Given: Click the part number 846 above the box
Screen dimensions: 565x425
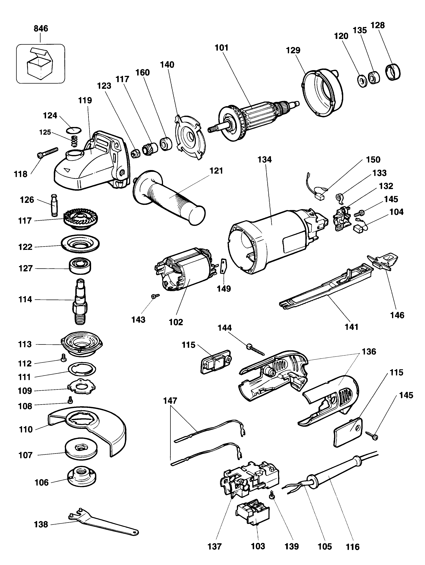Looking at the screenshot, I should coord(41,28).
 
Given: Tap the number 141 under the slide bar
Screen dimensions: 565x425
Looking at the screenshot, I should coord(351,327).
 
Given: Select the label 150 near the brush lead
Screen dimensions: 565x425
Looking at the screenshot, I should coord(373,160).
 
